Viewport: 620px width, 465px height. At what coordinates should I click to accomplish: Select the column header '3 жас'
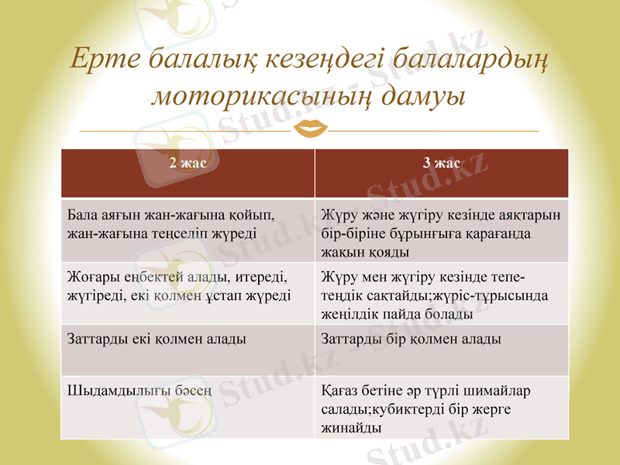[441, 164]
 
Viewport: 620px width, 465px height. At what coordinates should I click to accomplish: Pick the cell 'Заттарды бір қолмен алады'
[411, 339]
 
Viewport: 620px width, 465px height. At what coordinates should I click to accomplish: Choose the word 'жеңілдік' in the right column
[350, 314]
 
